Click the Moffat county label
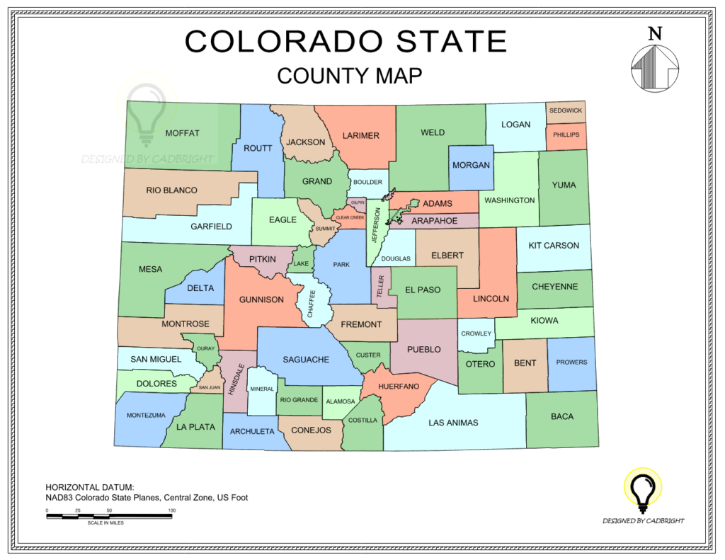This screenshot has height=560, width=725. (x=182, y=133)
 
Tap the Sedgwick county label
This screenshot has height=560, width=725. (x=565, y=111)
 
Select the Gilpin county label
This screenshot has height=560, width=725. (x=358, y=202)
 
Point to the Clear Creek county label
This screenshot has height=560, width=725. (x=350, y=217)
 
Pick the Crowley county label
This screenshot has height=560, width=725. (x=476, y=333)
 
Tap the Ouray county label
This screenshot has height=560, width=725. (x=205, y=348)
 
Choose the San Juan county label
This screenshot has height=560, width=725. (x=209, y=387)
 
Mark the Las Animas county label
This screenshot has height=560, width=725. (x=453, y=423)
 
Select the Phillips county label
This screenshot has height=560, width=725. (x=566, y=135)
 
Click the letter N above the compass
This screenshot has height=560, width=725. (x=655, y=33)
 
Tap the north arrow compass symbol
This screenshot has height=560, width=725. (x=655, y=68)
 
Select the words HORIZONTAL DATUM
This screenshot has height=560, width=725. (x=89, y=487)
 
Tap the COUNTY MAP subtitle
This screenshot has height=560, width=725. (x=350, y=75)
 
